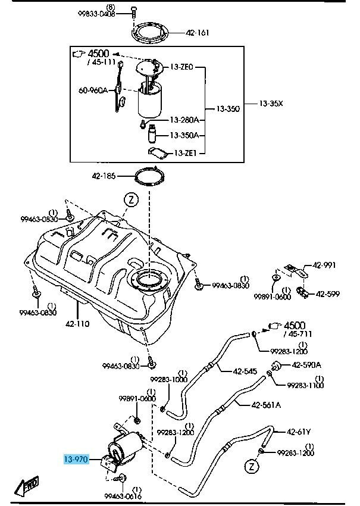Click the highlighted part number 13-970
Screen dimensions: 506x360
coord(77,460)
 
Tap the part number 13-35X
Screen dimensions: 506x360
coord(271,104)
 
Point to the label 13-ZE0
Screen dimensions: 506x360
coord(183,68)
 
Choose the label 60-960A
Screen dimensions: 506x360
coord(93,91)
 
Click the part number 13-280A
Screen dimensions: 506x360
coord(184,120)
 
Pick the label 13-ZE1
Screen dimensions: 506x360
coord(186,153)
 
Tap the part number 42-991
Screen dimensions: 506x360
coord(325,266)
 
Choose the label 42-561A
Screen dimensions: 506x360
coord(266,405)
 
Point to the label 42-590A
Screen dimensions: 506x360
coord(306,364)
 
